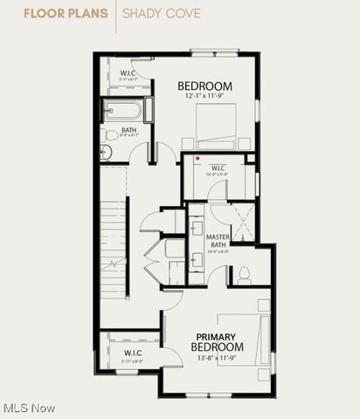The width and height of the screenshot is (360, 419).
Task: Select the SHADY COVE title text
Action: coord(161,14)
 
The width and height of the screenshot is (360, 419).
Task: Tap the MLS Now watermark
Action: coord(29,408)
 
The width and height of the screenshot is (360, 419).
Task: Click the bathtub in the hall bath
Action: coord(123,110)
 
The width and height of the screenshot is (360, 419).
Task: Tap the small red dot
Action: coord(197,159)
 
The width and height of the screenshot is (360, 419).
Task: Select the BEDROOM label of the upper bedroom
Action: coord(205,86)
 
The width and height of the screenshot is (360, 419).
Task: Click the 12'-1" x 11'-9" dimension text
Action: coord(205,96)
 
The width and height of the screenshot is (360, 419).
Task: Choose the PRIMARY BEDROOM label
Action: coord(216,342)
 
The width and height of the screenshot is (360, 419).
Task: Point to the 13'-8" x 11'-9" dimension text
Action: coord(216,358)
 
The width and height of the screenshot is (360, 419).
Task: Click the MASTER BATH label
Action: coord(218,241)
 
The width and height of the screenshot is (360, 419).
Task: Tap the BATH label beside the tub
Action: coord(128,130)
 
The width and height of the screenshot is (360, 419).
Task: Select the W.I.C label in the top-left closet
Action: coord(128,72)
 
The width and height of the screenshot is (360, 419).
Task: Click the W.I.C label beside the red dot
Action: coord(218,168)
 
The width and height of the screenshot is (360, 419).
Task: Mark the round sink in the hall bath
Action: coord(106,152)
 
